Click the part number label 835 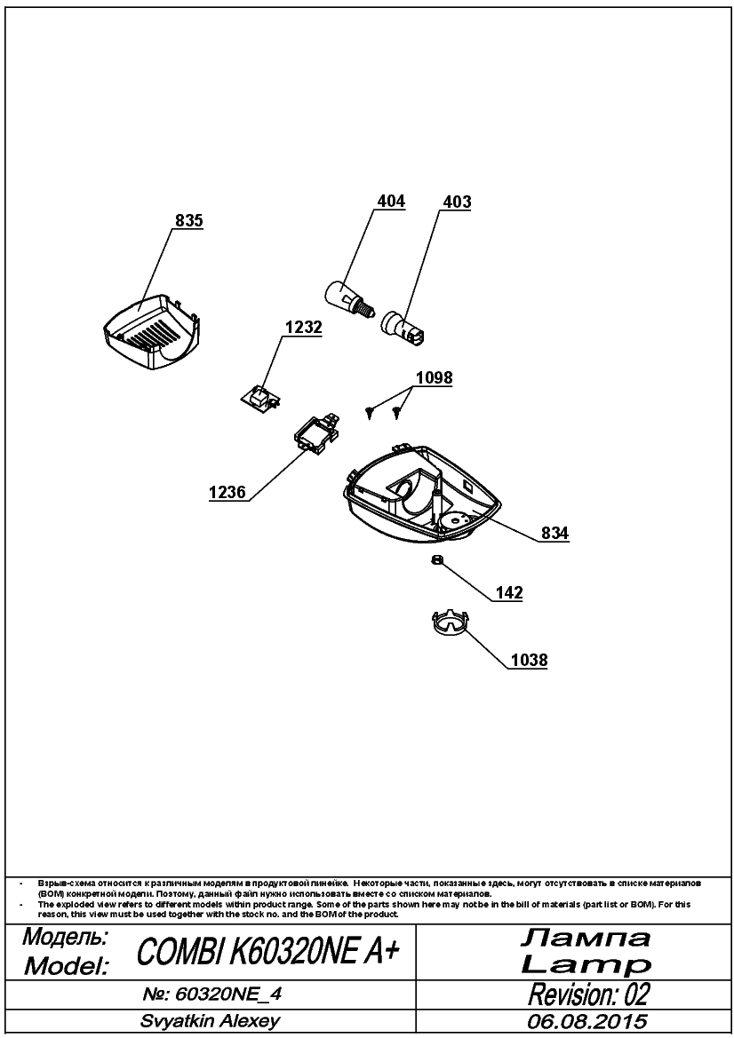coord(188,220)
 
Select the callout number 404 coord(391,201)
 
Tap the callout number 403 coord(457,202)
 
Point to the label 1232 coord(303,327)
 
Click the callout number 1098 coord(434,377)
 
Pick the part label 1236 coord(227,493)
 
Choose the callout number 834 coord(554,533)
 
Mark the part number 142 coord(509,592)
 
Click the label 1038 coord(530,660)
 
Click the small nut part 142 coord(436,560)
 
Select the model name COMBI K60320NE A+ coord(268,952)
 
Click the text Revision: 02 coord(588,994)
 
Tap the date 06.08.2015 coord(587,1021)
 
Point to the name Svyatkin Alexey coord(210,1021)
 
